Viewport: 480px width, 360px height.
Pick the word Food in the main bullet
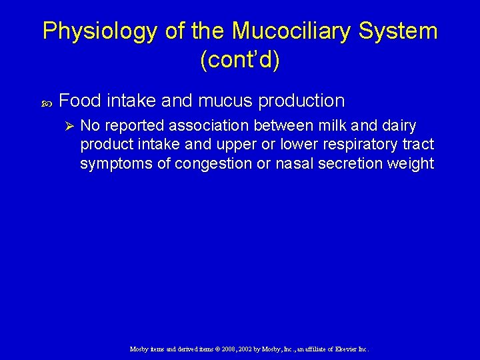coord(80,101)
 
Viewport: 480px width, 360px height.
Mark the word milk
coord(328,125)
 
